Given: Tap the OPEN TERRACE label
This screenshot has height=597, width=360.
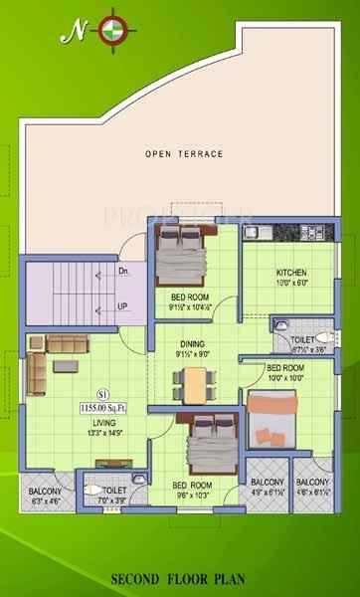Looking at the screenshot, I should [x=184, y=154].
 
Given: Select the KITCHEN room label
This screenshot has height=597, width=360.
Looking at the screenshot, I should [x=291, y=273].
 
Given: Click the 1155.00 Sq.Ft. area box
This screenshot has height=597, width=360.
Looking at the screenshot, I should [x=103, y=406].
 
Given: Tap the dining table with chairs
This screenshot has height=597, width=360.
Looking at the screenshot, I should [x=196, y=381].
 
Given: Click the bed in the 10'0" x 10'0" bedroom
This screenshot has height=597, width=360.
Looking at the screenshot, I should [x=271, y=419].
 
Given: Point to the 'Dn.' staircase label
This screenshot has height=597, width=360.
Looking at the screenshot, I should [x=123, y=270].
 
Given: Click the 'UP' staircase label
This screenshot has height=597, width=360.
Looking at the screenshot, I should [x=123, y=306].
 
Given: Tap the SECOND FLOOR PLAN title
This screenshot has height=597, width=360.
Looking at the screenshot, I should [x=180, y=577].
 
